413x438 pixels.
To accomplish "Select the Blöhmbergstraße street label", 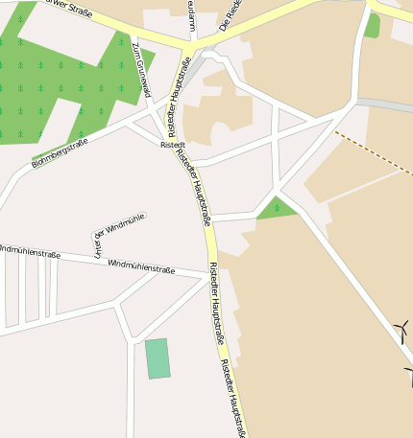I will pyautogui.click(x=60, y=152).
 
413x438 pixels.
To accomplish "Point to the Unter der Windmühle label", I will pyautogui.click(x=118, y=233).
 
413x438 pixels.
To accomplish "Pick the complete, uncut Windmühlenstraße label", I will pyautogui.click(x=141, y=265).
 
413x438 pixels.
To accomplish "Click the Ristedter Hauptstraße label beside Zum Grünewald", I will pyautogui.click(x=180, y=89).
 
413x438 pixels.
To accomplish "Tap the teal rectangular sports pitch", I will pyautogui.click(x=157, y=358).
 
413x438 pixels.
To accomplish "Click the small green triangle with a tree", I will pyautogui.click(x=277, y=209).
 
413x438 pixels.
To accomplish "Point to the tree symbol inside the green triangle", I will pyautogui.click(x=277, y=206).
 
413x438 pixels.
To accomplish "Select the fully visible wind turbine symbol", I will pyautogui.click(x=401, y=331).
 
